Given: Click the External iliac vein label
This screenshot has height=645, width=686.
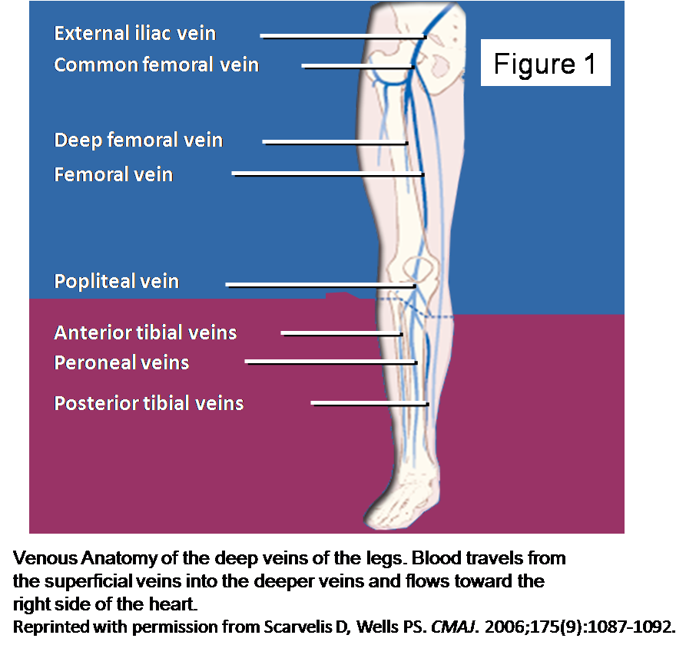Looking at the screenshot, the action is coord(134,34).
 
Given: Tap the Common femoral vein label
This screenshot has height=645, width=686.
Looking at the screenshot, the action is coord(156,65).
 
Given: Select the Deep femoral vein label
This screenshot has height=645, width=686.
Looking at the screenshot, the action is coord(138,141).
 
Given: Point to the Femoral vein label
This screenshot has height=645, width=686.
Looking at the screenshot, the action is coord(114,175).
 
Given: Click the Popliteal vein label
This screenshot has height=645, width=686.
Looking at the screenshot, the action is coord(117,281).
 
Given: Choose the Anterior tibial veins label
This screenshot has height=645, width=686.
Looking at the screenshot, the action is coord(145,332).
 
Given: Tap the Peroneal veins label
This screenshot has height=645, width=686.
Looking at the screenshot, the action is coord(121,362).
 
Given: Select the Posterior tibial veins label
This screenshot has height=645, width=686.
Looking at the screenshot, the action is coord(149,403).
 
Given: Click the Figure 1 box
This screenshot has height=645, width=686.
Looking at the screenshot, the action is coord(545,63).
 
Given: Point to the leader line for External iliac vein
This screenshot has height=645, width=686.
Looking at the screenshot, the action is coord(342,36).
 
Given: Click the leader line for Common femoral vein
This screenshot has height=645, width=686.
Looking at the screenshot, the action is coord(357,66).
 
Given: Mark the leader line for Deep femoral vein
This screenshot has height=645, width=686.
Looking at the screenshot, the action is coord(334,142).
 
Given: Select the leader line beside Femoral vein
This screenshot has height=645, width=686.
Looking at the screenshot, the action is coord(327,175).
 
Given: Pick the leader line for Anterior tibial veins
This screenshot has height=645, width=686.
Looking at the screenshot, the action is coord(341,333).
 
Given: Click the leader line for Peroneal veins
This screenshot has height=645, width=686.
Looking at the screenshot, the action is coord(330,362).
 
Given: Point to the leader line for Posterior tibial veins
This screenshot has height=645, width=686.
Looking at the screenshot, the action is coord(369,403).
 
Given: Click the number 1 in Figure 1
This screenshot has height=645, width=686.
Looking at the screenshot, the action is coord(589,64).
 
